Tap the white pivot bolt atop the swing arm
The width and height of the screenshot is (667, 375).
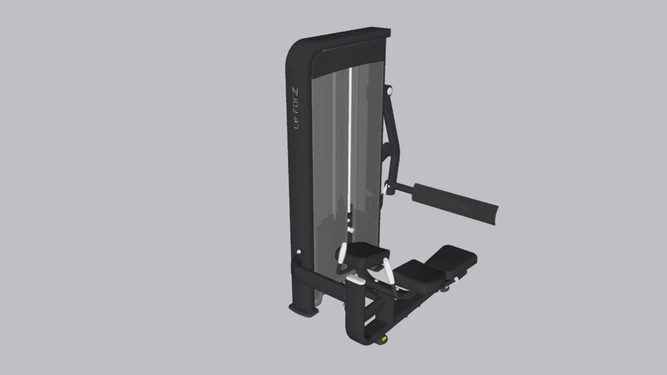(x=389, y=91)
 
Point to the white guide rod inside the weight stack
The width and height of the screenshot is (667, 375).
(x=350, y=146)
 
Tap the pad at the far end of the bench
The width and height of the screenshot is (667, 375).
(x=453, y=257)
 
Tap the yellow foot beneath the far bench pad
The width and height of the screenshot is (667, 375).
(x=444, y=288)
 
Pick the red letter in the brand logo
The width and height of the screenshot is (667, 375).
(x=295, y=133)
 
